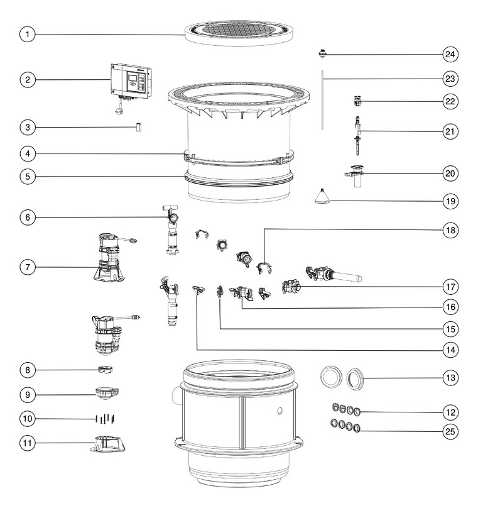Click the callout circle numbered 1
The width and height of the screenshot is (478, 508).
[28, 34]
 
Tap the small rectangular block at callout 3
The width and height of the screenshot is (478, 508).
[138, 127]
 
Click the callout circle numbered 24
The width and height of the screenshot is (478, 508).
[450, 54]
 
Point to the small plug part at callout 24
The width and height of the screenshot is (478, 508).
[322, 54]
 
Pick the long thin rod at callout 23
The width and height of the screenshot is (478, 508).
[322, 100]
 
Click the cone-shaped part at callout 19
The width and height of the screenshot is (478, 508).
[322, 197]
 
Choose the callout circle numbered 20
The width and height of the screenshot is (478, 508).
[450, 174]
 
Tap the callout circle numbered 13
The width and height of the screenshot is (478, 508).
[450, 378]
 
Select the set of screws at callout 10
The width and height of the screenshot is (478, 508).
[106, 419]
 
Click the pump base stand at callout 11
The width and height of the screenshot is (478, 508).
[107, 443]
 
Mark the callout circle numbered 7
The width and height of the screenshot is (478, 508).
[28, 267]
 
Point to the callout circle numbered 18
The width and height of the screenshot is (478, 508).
[450, 230]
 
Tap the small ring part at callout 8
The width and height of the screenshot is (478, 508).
[105, 369]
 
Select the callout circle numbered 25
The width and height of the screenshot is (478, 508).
[450, 431]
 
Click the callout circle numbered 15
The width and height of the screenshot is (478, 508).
[450, 329]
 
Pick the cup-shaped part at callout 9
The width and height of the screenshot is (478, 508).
[107, 394]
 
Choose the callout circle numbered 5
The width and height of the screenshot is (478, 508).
[28, 177]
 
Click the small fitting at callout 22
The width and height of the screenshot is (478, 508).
[357, 101]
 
